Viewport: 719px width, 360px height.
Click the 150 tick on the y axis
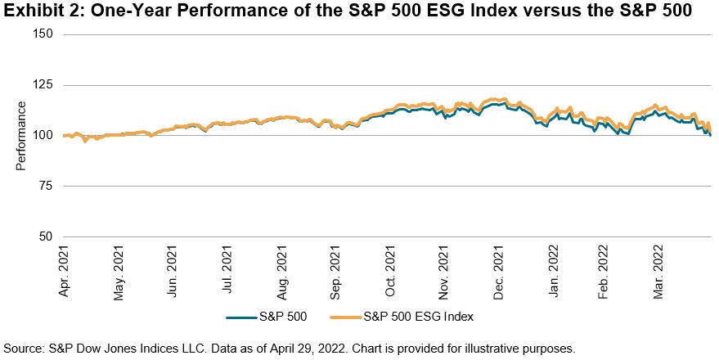pyautogui.click(x=43, y=34)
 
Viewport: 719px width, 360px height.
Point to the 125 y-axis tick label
pyautogui.click(x=43, y=85)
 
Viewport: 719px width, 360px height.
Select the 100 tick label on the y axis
pyautogui.click(x=43, y=136)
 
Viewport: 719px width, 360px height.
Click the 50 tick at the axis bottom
pyautogui.click(x=46, y=237)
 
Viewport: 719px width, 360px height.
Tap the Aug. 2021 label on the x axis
pyautogui.click(x=283, y=272)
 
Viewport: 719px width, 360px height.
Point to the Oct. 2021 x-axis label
pyautogui.click(x=391, y=272)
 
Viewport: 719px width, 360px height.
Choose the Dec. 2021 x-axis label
pyautogui.click(x=500, y=272)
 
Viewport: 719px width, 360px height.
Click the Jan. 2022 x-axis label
pyautogui.click(x=554, y=272)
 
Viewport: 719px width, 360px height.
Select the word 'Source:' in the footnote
pyautogui.click(x=23, y=348)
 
